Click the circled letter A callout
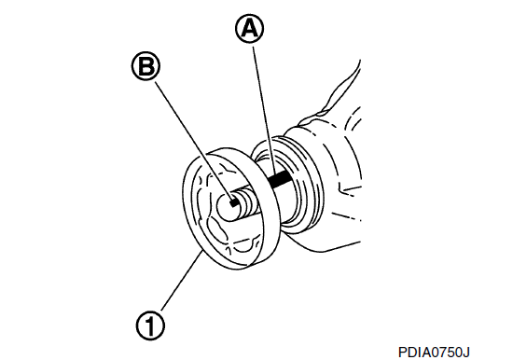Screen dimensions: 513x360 249,29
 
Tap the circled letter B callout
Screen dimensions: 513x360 146,67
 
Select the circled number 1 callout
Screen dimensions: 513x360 150,325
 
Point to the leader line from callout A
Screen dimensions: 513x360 263,111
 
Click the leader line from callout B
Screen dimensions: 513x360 194,141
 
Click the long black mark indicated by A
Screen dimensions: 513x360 281,180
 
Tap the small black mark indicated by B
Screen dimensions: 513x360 234,203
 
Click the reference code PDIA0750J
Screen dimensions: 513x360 434,353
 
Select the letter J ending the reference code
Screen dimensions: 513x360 466,353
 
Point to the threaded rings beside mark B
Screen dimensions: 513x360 249,204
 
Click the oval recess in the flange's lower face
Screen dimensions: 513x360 216,230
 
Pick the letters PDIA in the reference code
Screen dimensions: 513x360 412,353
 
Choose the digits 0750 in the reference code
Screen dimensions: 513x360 445,353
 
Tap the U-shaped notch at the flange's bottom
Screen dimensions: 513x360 243,246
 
